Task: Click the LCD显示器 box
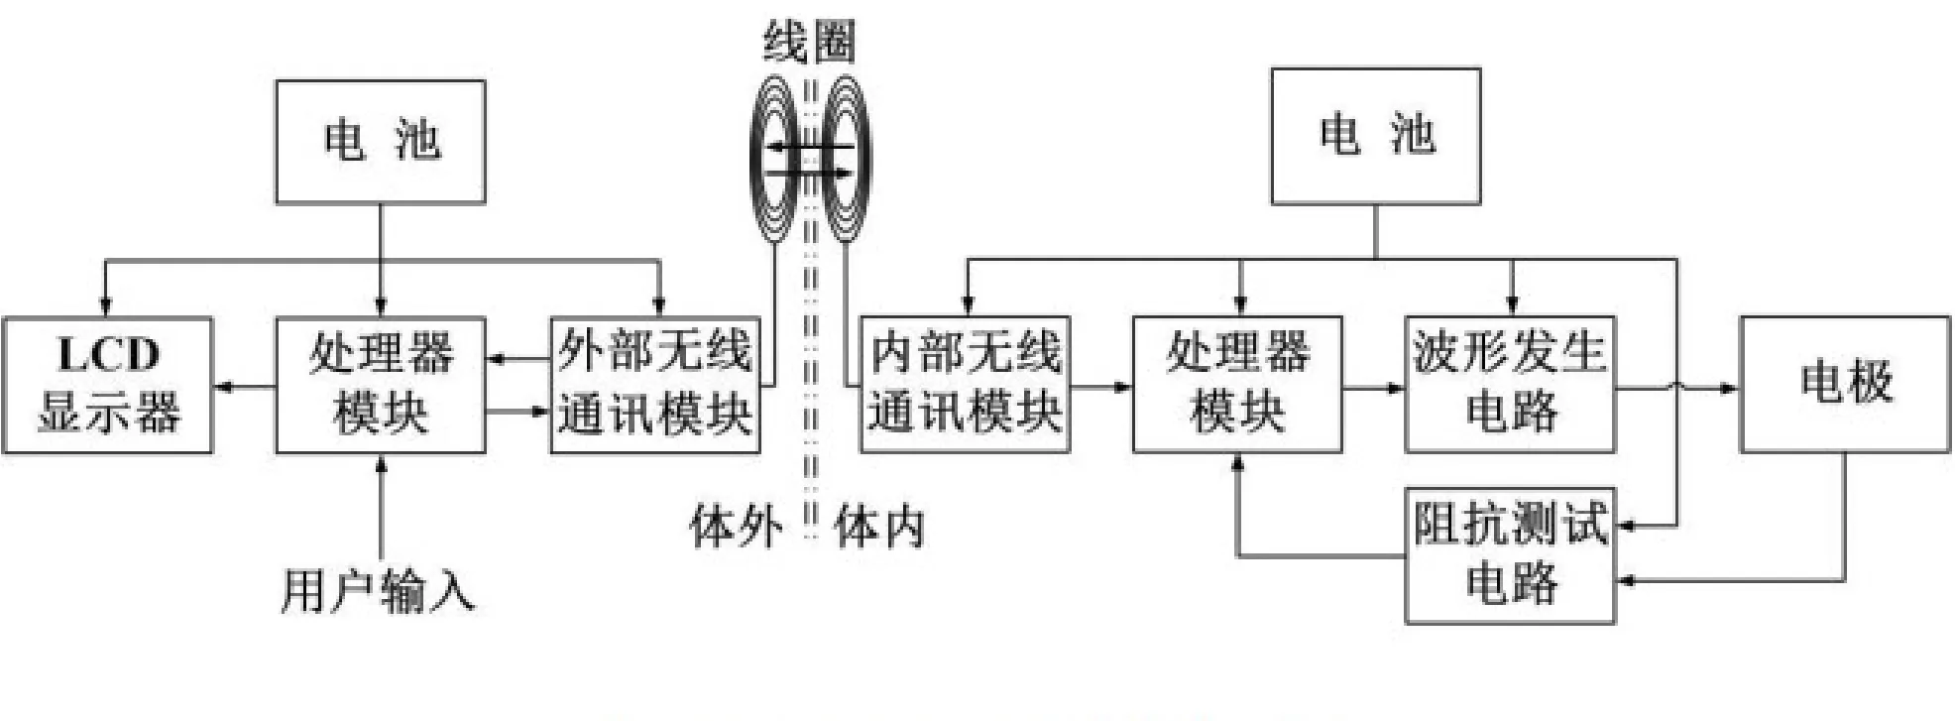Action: pyautogui.click(x=107, y=385)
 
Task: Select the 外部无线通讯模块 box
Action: pyautogui.click(x=655, y=385)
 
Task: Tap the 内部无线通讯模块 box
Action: pyautogui.click(x=965, y=385)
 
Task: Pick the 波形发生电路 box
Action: pyautogui.click(x=1510, y=385)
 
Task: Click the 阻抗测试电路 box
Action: pyautogui.click(x=1510, y=555)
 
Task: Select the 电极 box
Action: pyautogui.click(x=1845, y=385)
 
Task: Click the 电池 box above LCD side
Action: pyautogui.click(x=381, y=142)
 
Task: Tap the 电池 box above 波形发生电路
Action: pyautogui.click(x=1376, y=136)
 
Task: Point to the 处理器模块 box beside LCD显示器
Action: pyautogui.click(x=381, y=385)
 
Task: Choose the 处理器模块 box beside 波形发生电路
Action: pyautogui.click(x=1237, y=385)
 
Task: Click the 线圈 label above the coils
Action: pyautogui.click(x=809, y=43)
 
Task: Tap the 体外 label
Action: pyautogui.click(x=736, y=526)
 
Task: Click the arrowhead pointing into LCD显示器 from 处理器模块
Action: pyautogui.click(x=224, y=386)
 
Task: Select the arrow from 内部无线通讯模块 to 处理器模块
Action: pyautogui.click(x=1100, y=386)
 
